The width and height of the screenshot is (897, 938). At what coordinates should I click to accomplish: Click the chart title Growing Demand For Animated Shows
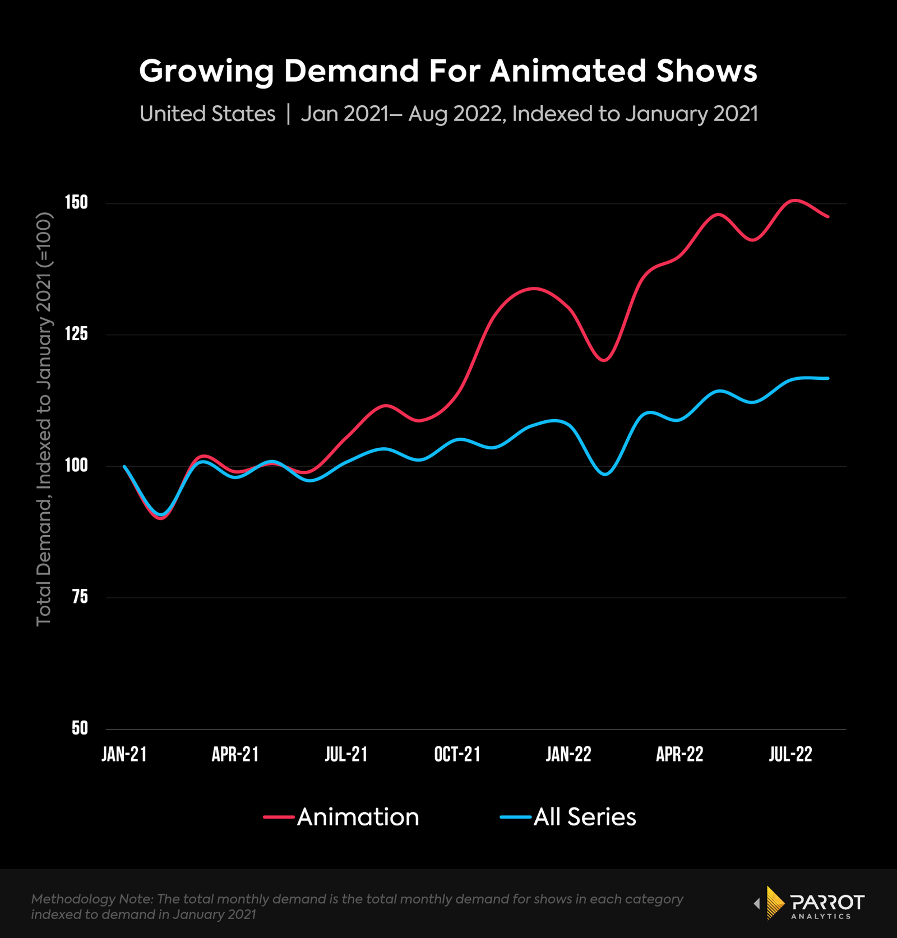click(x=448, y=71)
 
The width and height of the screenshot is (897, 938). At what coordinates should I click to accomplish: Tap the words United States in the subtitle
click(x=207, y=114)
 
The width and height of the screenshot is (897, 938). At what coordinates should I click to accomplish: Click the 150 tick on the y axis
click(x=77, y=202)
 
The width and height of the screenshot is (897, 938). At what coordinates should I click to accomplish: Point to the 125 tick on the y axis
click(x=77, y=334)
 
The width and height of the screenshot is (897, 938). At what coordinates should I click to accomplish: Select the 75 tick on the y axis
click(x=80, y=597)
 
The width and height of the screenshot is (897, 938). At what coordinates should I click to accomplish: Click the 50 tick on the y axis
click(x=80, y=728)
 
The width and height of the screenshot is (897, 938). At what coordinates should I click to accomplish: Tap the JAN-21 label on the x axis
click(x=124, y=754)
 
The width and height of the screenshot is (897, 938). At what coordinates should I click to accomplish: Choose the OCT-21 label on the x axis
click(x=457, y=754)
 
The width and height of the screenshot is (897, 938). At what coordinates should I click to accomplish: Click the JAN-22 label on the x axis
click(x=568, y=754)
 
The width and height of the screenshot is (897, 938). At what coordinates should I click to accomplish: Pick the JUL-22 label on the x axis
click(x=790, y=754)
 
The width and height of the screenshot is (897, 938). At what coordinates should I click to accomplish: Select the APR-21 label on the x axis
click(x=235, y=754)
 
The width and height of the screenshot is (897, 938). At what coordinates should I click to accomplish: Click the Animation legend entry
click(x=342, y=817)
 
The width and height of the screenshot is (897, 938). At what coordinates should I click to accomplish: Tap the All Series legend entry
click(x=568, y=817)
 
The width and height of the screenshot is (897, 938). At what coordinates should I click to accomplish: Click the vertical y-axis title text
click(x=44, y=419)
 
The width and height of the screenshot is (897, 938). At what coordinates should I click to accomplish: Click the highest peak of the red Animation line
click(x=795, y=200)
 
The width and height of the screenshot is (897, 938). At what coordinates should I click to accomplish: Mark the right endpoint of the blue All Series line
click(x=828, y=378)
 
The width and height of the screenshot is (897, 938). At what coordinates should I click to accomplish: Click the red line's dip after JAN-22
click(x=604, y=360)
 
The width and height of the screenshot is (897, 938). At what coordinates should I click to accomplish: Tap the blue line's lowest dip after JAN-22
click(x=605, y=474)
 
